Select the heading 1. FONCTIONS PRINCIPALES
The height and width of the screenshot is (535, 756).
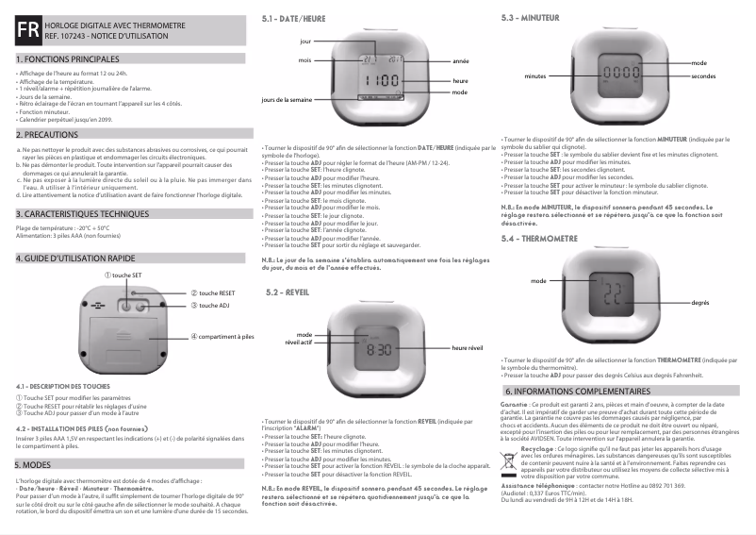coord(66,59)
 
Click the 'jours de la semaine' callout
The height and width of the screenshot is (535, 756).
coord(287,99)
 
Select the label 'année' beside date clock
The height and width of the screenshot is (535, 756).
coord(460,60)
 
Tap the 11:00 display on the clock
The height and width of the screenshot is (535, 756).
coord(381,82)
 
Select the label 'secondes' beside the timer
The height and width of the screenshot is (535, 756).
coord(702,75)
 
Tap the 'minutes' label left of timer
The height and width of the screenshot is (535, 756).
coord(535,75)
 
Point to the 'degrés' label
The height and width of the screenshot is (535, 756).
coord(699,303)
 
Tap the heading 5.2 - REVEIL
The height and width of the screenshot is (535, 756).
coord(288,293)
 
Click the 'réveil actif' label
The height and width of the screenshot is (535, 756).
coord(299,343)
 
